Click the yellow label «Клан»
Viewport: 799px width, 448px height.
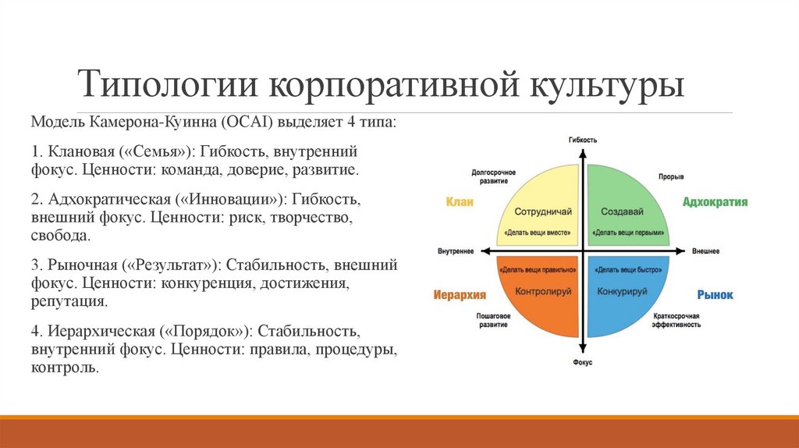(460, 202)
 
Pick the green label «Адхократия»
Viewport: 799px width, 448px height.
(715, 202)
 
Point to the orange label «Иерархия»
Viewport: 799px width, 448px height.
(460, 295)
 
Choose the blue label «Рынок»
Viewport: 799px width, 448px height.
(715, 295)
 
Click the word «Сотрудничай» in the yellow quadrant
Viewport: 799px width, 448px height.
(544, 212)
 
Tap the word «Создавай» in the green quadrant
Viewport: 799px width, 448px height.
(621, 212)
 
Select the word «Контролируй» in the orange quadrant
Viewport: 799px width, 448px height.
(544, 291)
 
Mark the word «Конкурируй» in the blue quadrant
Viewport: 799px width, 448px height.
(622, 291)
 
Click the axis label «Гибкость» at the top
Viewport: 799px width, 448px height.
(582, 140)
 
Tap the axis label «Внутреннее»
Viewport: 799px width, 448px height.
(456, 251)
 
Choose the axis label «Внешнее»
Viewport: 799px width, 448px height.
(705, 251)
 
